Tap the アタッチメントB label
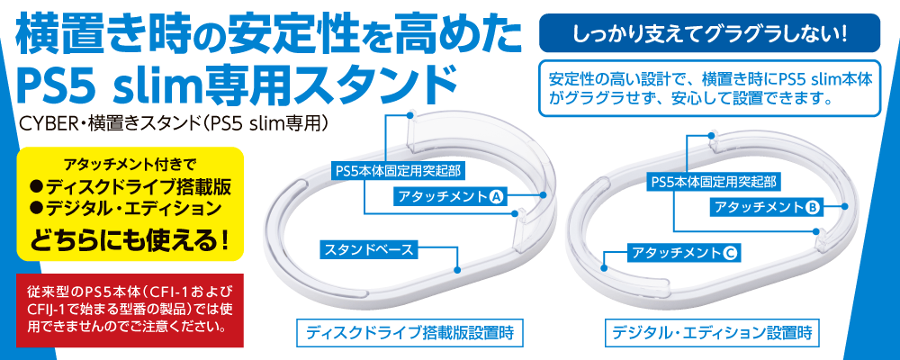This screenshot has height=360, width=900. pyautogui.click(x=765, y=208)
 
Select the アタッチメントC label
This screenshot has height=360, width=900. pyautogui.click(x=684, y=253)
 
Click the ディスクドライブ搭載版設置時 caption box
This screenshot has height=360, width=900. pyautogui.click(x=409, y=332)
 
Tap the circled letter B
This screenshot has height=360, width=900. pyautogui.click(x=812, y=208)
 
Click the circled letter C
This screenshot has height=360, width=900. pyautogui.click(x=730, y=253)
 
